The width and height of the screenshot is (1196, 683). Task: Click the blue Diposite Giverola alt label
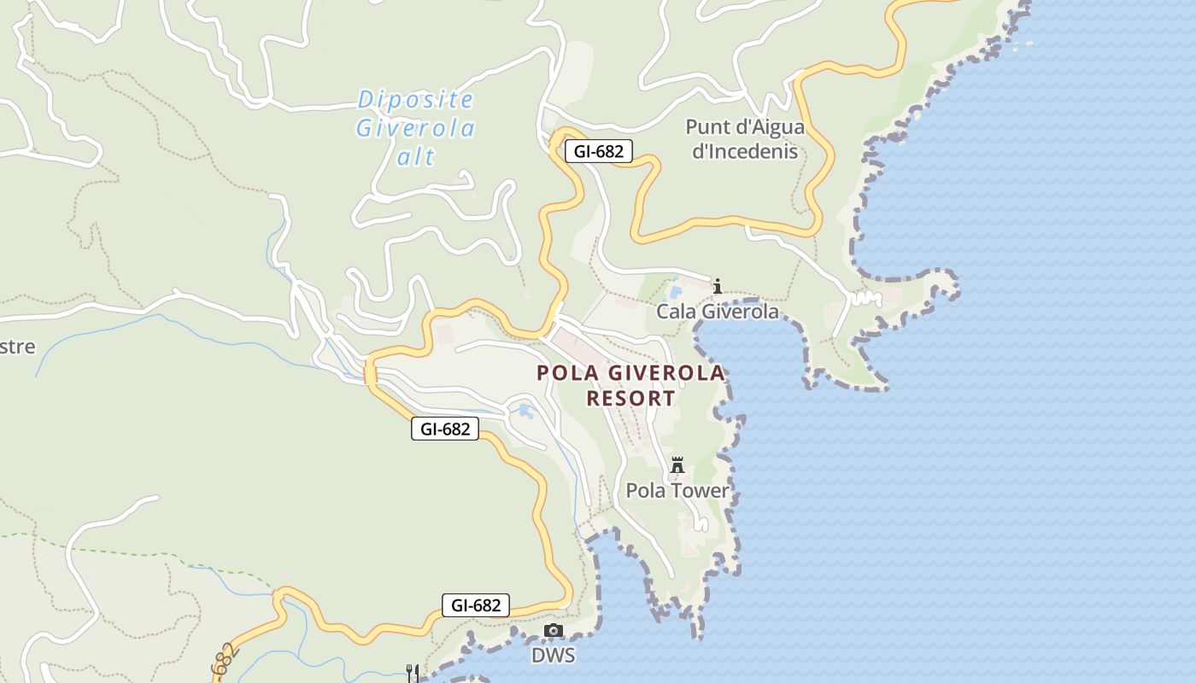[416, 128]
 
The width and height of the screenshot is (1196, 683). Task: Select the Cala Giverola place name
[718, 312]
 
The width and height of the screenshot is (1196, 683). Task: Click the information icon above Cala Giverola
[718, 285]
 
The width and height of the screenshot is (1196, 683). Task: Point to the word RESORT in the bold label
[631, 399]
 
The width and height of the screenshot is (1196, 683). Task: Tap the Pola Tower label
[678, 491]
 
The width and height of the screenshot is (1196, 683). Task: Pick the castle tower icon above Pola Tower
[677, 465]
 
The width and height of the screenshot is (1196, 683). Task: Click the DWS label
[553, 656]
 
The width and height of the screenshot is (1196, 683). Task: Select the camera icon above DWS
[554, 631]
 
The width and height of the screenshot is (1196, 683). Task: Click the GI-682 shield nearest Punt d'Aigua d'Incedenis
[599, 152]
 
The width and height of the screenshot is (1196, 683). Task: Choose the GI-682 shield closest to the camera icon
[476, 605]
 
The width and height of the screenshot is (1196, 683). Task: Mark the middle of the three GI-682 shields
[445, 429]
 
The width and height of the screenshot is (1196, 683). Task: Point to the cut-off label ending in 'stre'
[17, 347]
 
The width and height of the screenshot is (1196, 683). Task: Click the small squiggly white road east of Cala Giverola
[866, 298]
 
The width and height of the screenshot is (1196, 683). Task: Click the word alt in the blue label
[416, 157]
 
